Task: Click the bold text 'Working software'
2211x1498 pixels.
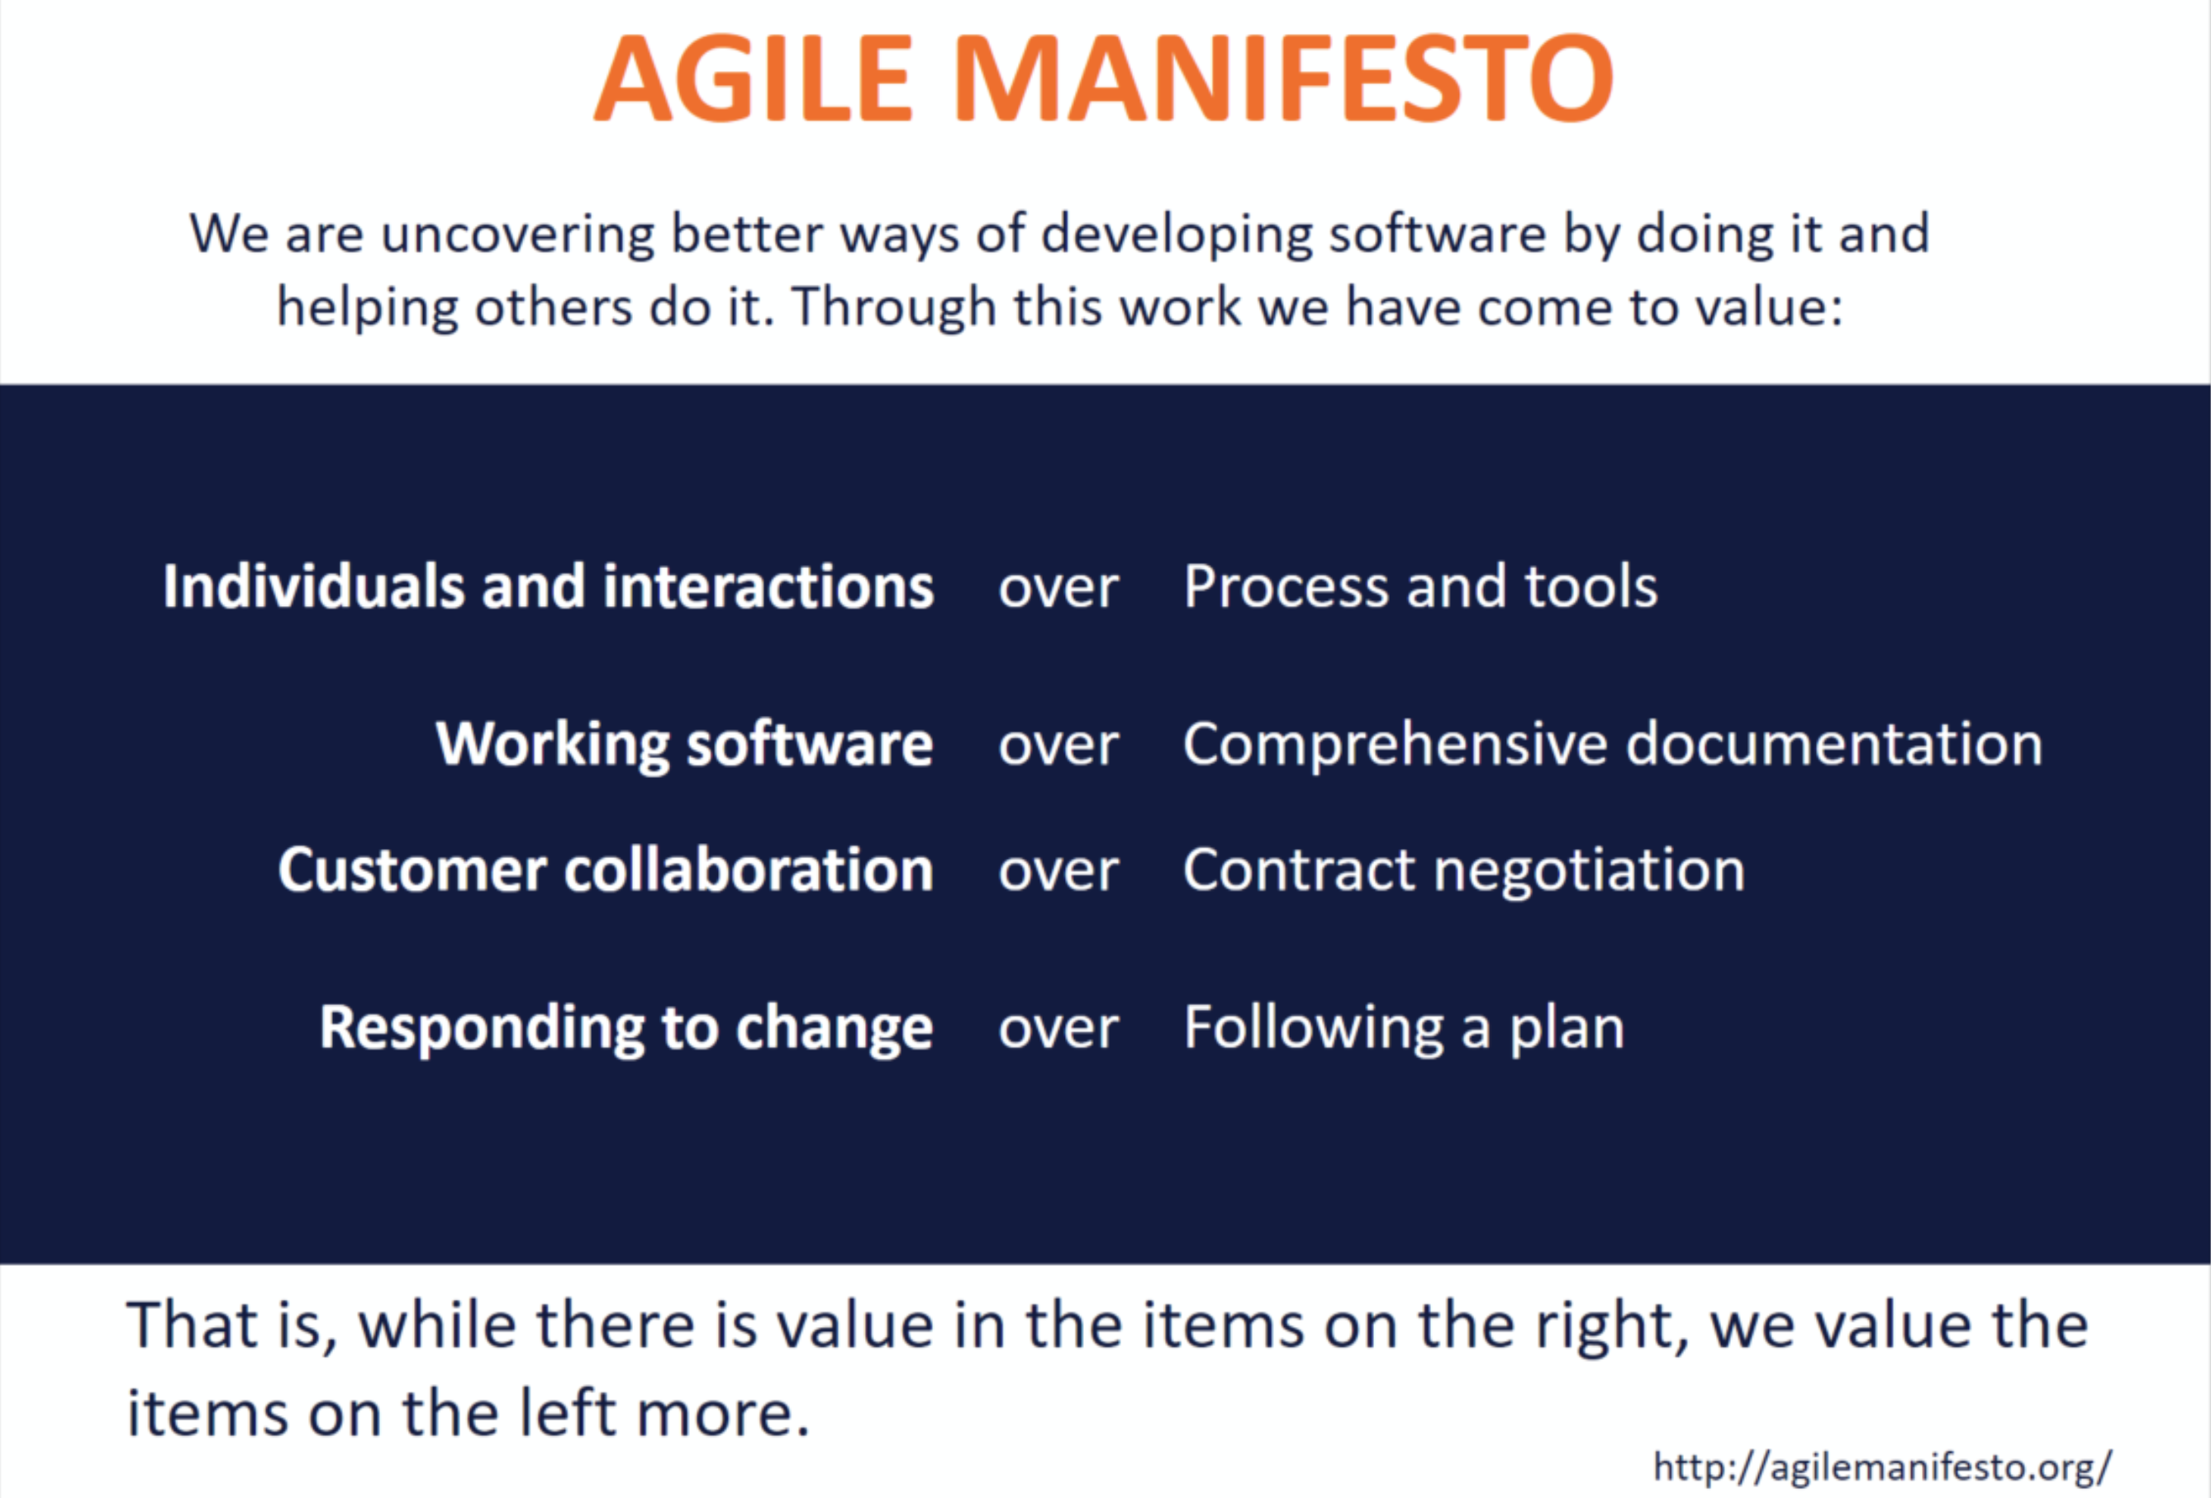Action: click(685, 744)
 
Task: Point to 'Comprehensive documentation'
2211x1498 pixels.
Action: click(1613, 744)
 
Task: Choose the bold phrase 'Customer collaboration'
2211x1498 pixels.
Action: click(606, 870)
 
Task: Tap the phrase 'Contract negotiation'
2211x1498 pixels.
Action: click(1464, 871)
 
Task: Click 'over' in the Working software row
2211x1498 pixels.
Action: click(1058, 747)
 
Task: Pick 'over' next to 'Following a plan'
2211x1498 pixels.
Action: click(1058, 1030)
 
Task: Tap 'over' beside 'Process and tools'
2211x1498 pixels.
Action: click(1058, 590)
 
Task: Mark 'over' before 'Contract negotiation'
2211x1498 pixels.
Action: click(1058, 872)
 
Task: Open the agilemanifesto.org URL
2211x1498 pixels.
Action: click(1882, 1468)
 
